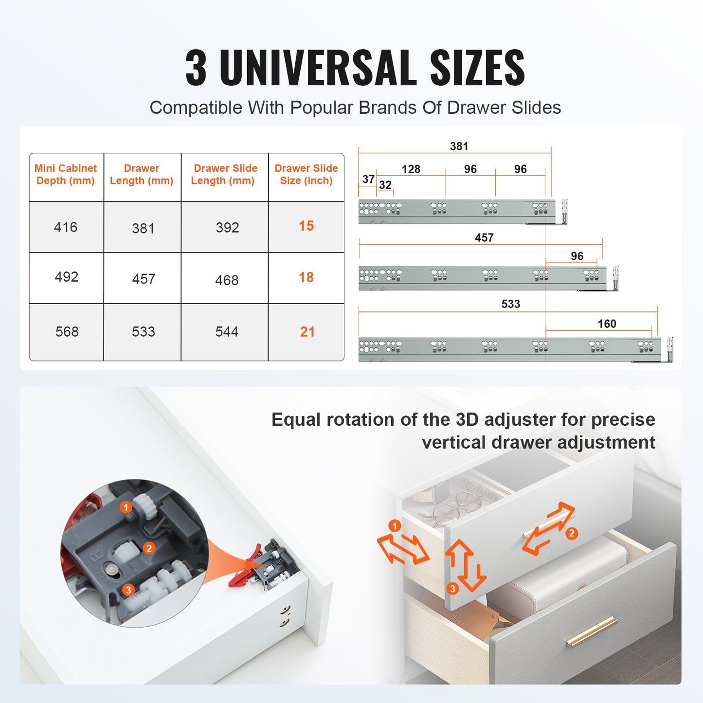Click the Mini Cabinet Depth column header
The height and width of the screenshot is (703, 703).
click(66, 175)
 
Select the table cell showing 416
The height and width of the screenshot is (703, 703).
click(66, 227)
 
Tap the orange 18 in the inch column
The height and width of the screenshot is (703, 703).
click(306, 277)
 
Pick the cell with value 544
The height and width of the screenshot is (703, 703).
click(227, 332)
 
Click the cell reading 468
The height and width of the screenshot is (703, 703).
click(227, 280)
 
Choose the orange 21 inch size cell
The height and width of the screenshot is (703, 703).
click(307, 332)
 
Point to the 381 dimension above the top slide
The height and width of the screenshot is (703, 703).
click(459, 146)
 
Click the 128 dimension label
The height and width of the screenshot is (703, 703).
click(411, 169)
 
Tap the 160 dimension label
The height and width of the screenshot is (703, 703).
click(607, 324)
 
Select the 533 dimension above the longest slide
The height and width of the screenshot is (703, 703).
click(511, 304)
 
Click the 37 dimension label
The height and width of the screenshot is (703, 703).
click(368, 180)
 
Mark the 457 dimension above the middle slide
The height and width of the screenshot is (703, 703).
click(484, 238)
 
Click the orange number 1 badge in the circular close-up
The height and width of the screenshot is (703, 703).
click(126, 508)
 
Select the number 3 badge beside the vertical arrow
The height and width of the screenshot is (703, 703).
click(452, 589)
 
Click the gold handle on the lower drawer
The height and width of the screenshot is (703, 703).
click(592, 631)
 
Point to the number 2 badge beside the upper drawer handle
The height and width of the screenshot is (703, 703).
click(572, 534)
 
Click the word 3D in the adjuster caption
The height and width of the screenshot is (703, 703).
click(468, 420)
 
